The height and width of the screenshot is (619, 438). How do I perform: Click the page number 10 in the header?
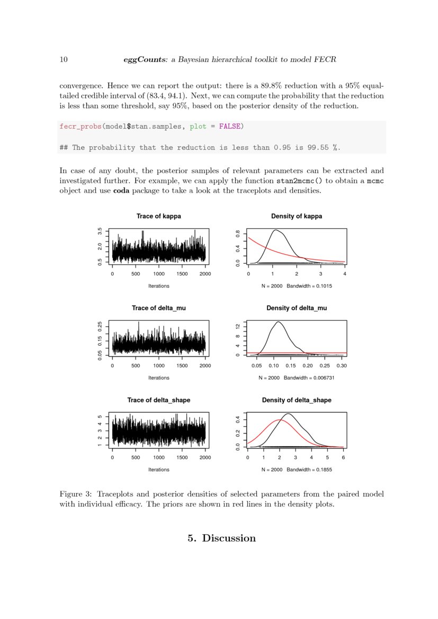tap(63, 60)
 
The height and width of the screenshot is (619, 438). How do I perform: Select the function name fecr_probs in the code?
tap(79, 127)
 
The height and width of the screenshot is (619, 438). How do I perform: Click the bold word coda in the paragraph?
tap(121, 191)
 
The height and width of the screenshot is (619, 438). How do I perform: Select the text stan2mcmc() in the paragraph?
tap(300, 181)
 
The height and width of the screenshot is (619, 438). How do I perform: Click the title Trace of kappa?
tap(158, 216)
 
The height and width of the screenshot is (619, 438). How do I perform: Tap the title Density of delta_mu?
tap(297, 308)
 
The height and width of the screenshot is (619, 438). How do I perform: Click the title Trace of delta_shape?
tap(158, 400)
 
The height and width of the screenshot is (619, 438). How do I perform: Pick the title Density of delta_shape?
tap(297, 400)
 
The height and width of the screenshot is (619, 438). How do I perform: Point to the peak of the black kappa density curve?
tap(275, 230)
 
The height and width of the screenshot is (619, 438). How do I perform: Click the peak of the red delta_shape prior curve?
tap(279, 420)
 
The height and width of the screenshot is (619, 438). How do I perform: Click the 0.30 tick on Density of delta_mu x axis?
tap(342, 366)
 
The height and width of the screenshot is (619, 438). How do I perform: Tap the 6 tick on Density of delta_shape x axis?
tap(343, 458)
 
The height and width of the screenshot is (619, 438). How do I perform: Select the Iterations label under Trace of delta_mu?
tap(158, 378)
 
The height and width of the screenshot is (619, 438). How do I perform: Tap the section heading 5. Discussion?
tap(221, 538)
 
